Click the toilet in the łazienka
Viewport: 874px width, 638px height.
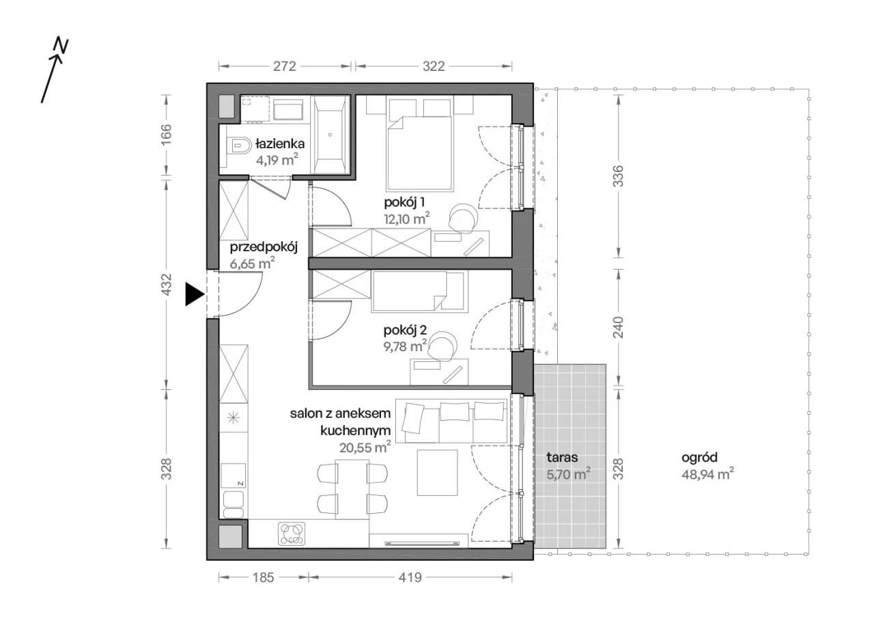point(238,145)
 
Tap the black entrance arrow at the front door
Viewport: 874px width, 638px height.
point(195,294)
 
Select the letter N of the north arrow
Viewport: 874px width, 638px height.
point(61,46)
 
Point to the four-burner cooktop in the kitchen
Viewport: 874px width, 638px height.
point(292,533)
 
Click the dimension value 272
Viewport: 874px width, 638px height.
point(285,66)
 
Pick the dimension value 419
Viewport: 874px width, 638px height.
point(410,577)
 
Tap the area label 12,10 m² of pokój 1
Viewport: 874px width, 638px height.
point(407,219)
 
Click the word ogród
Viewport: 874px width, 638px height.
point(700,458)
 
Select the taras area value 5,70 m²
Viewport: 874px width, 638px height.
point(568,474)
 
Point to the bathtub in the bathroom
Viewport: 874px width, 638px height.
point(330,135)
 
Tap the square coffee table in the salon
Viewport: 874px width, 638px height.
point(437,473)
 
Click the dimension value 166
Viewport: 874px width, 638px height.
point(166,134)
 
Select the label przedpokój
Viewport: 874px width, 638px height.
point(264,247)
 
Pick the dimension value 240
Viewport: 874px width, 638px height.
point(619,327)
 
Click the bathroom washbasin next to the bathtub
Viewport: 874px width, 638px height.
point(288,110)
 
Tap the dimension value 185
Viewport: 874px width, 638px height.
point(264,577)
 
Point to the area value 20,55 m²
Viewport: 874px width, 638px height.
point(365,447)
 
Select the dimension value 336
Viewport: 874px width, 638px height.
point(619,176)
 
